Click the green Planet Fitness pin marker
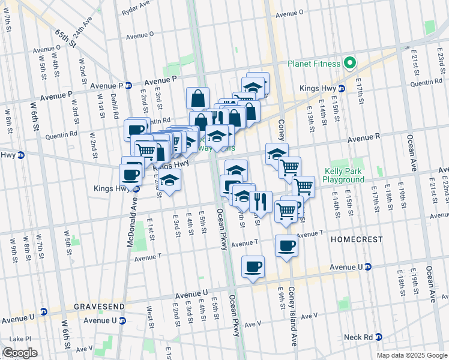(x=348, y=64)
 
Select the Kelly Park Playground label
(x=343, y=175)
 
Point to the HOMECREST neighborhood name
(x=357, y=239)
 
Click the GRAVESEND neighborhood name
(x=100, y=306)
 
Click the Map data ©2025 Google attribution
(x=411, y=355)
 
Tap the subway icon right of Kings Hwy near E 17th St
(x=342, y=88)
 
